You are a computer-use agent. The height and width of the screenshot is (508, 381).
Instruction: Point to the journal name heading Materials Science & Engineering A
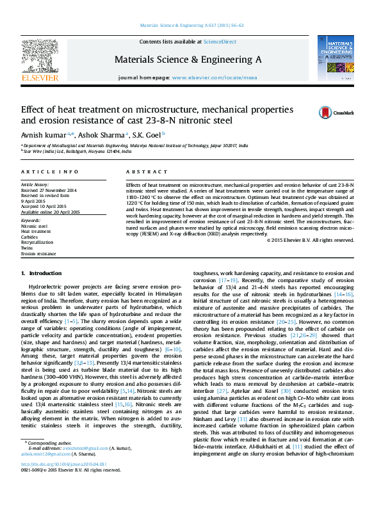188,59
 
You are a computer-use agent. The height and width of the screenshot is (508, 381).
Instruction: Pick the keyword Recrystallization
38,242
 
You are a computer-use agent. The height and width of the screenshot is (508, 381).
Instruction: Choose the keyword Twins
28,248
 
